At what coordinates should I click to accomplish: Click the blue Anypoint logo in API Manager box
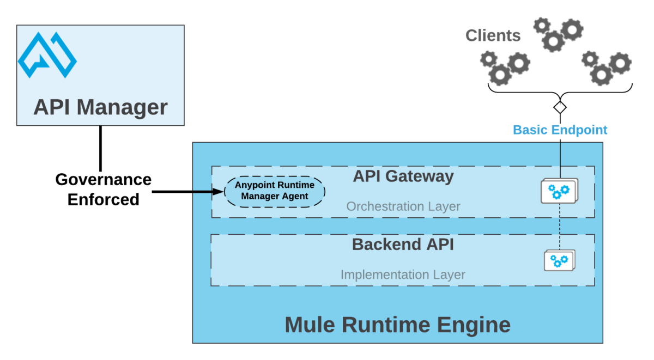pyautogui.click(x=47, y=55)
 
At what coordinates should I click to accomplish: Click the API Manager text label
pyautogui.click(x=100, y=107)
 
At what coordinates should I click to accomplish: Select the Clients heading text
pyautogui.click(x=493, y=36)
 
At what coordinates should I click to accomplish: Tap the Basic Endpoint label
pyautogui.click(x=560, y=130)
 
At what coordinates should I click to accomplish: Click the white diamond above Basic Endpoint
pyautogui.click(x=560, y=107)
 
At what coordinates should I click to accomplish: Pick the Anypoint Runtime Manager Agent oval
pyautogui.click(x=275, y=191)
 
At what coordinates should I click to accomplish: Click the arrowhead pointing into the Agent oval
pyautogui.click(x=219, y=191)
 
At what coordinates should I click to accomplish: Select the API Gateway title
pyautogui.click(x=403, y=176)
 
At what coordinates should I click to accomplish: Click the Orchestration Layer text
pyautogui.click(x=403, y=207)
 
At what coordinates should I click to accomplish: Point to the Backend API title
pyautogui.click(x=403, y=244)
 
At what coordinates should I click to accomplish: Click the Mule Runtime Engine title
pyautogui.click(x=397, y=325)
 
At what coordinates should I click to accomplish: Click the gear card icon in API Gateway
pyautogui.click(x=559, y=191)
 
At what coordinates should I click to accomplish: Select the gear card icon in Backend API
pyautogui.click(x=559, y=260)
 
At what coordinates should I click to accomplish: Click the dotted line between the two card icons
pyautogui.click(x=560, y=226)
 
